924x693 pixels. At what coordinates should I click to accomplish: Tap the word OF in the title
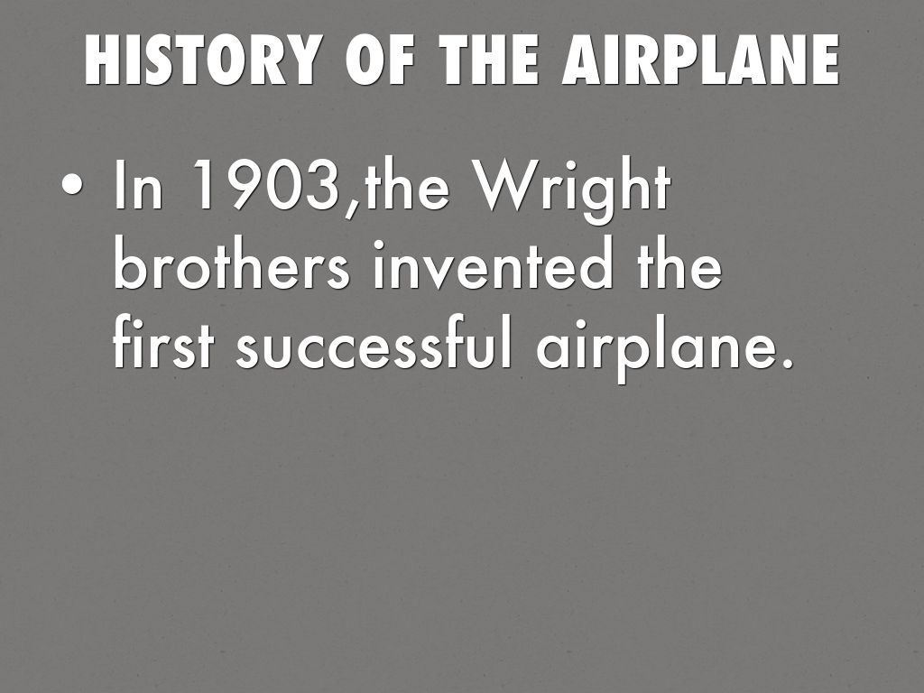click(380, 60)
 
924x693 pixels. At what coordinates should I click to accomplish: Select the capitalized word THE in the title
click(488, 60)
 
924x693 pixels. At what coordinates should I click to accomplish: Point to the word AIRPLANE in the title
click(700, 60)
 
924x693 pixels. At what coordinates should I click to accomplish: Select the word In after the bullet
click(138, 184)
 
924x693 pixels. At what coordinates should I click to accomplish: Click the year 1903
click(266, 184)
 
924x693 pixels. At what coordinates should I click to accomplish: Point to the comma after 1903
click(352, 207)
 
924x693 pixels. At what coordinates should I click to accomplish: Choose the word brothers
click(232, 264)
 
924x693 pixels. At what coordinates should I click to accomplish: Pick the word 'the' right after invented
click(679, 264)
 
